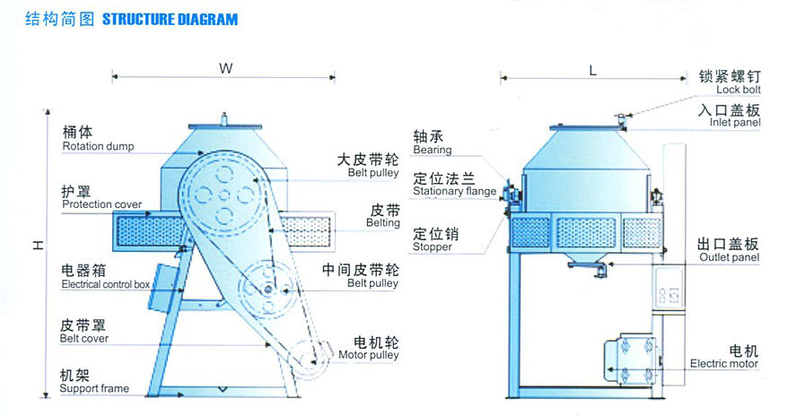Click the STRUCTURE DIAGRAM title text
(171, 20)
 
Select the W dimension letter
(226, 69)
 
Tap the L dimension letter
(593, 71)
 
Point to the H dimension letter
(39, 245)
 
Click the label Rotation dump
(98, 146)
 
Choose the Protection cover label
(102, 204)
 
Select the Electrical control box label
(106, 284)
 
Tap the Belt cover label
(83, 338)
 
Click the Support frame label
(94, 388)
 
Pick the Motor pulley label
(369, 355)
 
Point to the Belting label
(383, 222)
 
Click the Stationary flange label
(455, 191)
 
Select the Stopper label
(433, 247)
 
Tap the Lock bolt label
(739, 90)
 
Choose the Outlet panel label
(730, 257)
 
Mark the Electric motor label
(724, 363)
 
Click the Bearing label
(433, 150)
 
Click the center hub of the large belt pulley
(224, 195)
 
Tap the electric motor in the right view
(630, 360)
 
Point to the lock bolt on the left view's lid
(224, 118)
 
